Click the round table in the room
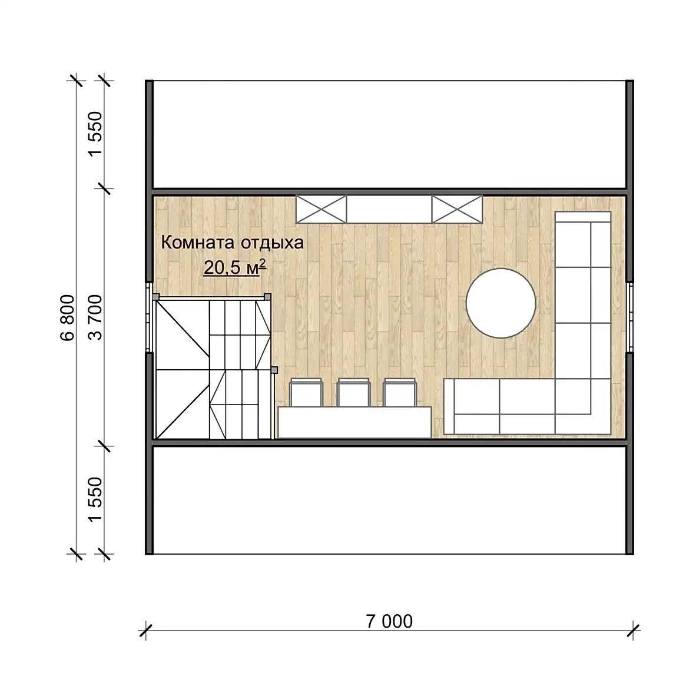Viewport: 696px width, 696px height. (501, 303)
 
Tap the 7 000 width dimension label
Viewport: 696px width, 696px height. (389, 621)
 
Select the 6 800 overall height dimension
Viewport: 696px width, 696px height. (68, 317)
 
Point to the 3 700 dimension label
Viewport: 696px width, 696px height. (95, 317)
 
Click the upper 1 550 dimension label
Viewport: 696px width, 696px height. (95, 134)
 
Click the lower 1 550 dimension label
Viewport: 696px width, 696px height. (95, 500)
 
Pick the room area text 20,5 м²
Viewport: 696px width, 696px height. (235, 267)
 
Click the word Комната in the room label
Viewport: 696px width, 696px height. (197, 243)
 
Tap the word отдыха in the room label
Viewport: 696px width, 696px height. (272, 243)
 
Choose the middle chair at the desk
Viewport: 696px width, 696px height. (353, 392)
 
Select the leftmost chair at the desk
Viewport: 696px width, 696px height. (306, 392)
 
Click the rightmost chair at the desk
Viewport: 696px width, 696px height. (400, 392)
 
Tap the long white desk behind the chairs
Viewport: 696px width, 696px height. (354, 423)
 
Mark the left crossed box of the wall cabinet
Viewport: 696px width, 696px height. (322, 209)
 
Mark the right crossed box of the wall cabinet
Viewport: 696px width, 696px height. (457, 209)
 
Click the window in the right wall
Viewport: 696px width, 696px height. (630, 317)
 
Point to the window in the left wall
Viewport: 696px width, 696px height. (149, 317)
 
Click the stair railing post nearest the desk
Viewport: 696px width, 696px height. (274, 370)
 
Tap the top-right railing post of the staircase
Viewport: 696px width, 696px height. (267, 296)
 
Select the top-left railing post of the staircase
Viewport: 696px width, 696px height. (156, 297)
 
